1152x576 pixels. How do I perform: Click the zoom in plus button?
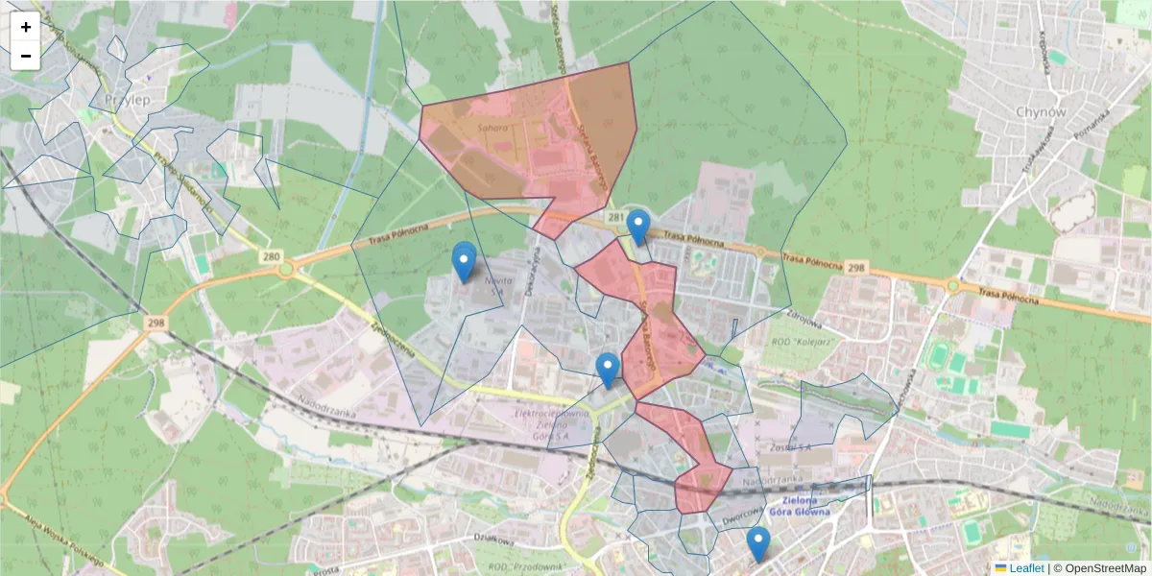[x=26, y=27]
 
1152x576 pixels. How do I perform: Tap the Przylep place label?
[x=125, y=100]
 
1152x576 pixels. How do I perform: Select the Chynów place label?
[x=1041, y=111]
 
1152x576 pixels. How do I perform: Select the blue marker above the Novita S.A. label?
[x=465, y=261]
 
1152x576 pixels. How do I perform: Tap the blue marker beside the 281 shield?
[x=637, y=228]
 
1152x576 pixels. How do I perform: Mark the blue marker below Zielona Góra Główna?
[x=758, y=544]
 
